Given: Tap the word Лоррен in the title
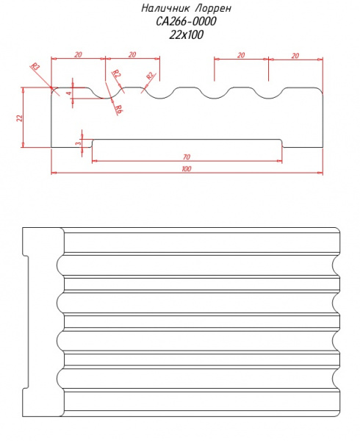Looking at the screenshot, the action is click(213, 9).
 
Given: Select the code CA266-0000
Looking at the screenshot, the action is click(186, 21).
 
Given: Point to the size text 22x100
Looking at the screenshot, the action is click(186, 35).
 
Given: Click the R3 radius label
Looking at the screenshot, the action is click(35, 66).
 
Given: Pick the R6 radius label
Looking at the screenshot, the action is click(118, 109).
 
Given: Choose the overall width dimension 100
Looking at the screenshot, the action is click(187, 169).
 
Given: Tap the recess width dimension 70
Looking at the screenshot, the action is click(187, 157).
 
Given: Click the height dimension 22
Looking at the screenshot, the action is click(19, 118).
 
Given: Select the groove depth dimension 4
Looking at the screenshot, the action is click(69, 93).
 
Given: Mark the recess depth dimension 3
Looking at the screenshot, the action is click(79, 143).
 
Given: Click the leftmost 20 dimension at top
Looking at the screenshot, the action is click(78, 54).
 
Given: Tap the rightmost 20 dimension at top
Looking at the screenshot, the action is click(295, 56).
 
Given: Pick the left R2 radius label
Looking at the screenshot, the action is click(117, 73).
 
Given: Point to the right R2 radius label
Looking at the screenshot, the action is click(151, 76).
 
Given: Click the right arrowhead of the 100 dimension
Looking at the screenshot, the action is click(320, 173).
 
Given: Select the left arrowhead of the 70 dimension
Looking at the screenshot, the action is click(95, 161).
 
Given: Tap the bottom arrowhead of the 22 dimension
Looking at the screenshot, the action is click(23, 145).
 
